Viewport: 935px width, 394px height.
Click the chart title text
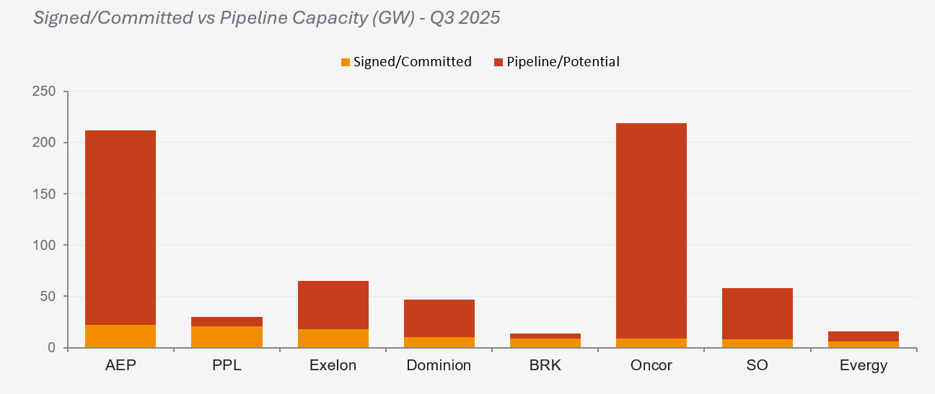tap(267, 18)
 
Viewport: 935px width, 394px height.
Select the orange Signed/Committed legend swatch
tap(345, 63)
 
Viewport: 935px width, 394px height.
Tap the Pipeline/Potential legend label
tap(563, 62)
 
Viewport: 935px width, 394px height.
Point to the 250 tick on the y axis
tap(45, 91)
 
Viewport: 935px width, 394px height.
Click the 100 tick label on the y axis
tap(45, 246)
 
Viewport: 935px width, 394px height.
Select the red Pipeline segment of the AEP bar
tap(120, 227)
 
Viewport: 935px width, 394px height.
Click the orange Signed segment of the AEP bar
tap(120, 336)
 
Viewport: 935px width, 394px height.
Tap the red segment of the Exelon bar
tap(333, 305)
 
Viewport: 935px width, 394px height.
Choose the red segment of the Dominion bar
tap(439, 318)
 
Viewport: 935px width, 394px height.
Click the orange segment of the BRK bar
tap(545, 343)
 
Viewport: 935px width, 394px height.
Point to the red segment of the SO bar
tap(758, 313)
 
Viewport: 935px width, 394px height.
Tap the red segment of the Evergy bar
tap(864, 336)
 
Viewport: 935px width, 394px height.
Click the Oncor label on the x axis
tap(651, 365)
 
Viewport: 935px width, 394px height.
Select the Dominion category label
tap(439, 365)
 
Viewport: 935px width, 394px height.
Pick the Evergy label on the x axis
tap(864, 366)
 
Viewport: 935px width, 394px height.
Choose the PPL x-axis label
tap(227, 365)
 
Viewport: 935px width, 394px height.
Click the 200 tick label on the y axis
tap(45, 143)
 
